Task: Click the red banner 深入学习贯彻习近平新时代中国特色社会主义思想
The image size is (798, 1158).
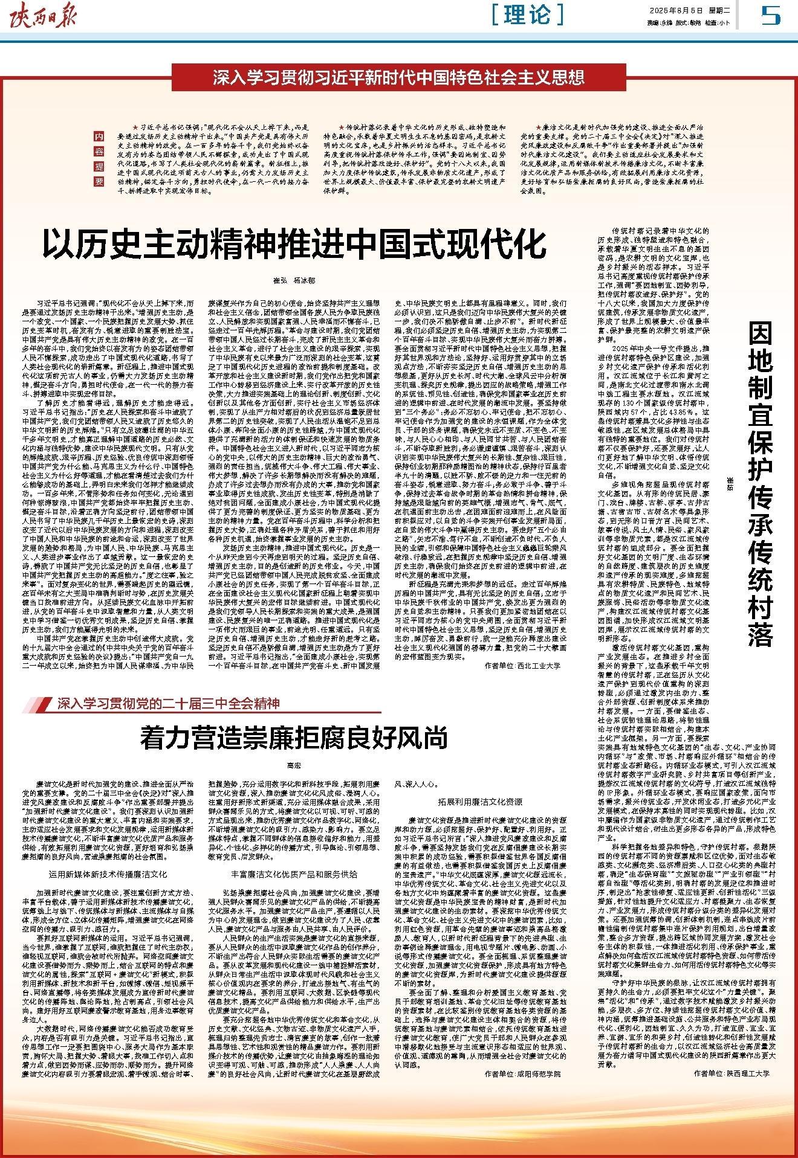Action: click(398, 77)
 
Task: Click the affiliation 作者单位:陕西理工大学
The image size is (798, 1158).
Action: click(731, 1073)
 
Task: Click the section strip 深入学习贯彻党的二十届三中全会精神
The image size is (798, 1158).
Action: click(169, 703)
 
